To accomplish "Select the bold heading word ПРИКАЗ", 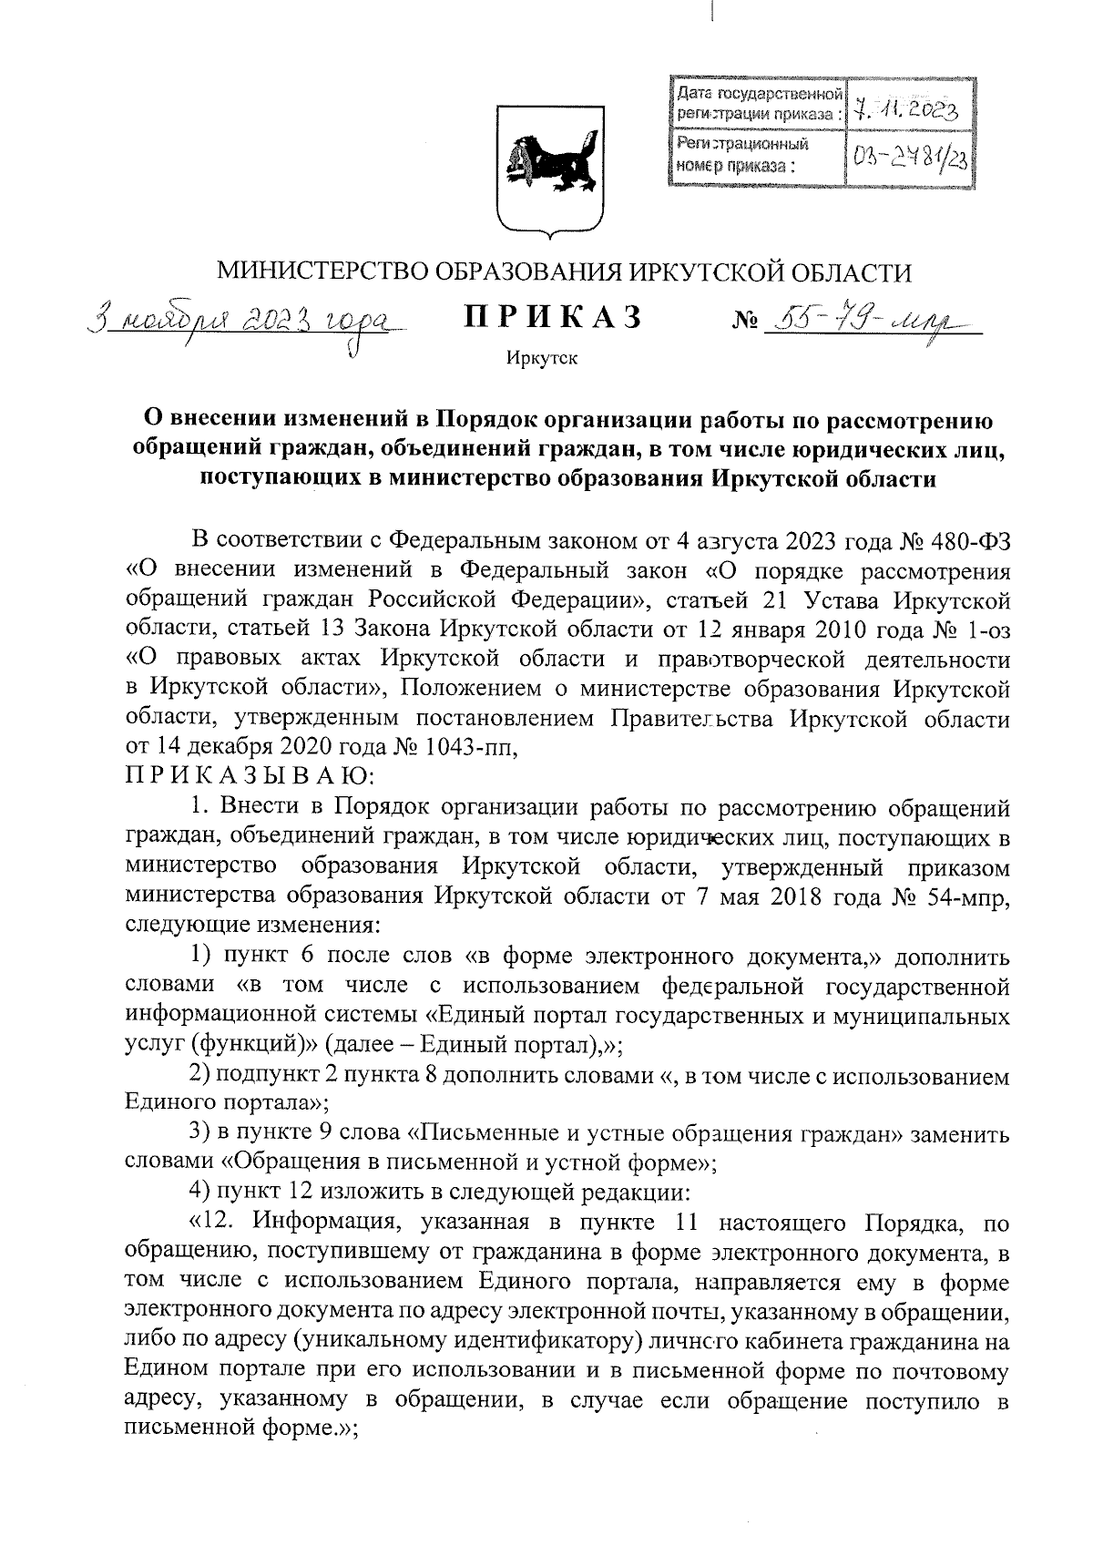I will tap(554, 317).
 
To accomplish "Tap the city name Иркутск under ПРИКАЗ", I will tap(543, 358).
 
